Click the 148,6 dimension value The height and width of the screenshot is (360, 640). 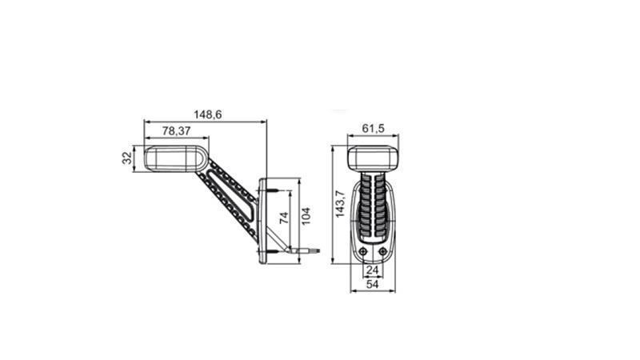pos(207,114)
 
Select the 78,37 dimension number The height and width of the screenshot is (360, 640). pos(176,131)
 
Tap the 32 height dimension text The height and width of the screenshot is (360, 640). pos(127,158)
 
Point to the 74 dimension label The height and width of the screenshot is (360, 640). pos(284,218)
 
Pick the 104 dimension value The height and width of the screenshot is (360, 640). pos(306,216)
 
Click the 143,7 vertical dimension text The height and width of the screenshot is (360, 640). pos(340,204)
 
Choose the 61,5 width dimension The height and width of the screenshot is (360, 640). pos(373,129)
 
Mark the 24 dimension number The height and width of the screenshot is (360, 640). pos(372,270)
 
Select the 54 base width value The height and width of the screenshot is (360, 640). pos(372,284)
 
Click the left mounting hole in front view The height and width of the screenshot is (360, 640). pos(363,251)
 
